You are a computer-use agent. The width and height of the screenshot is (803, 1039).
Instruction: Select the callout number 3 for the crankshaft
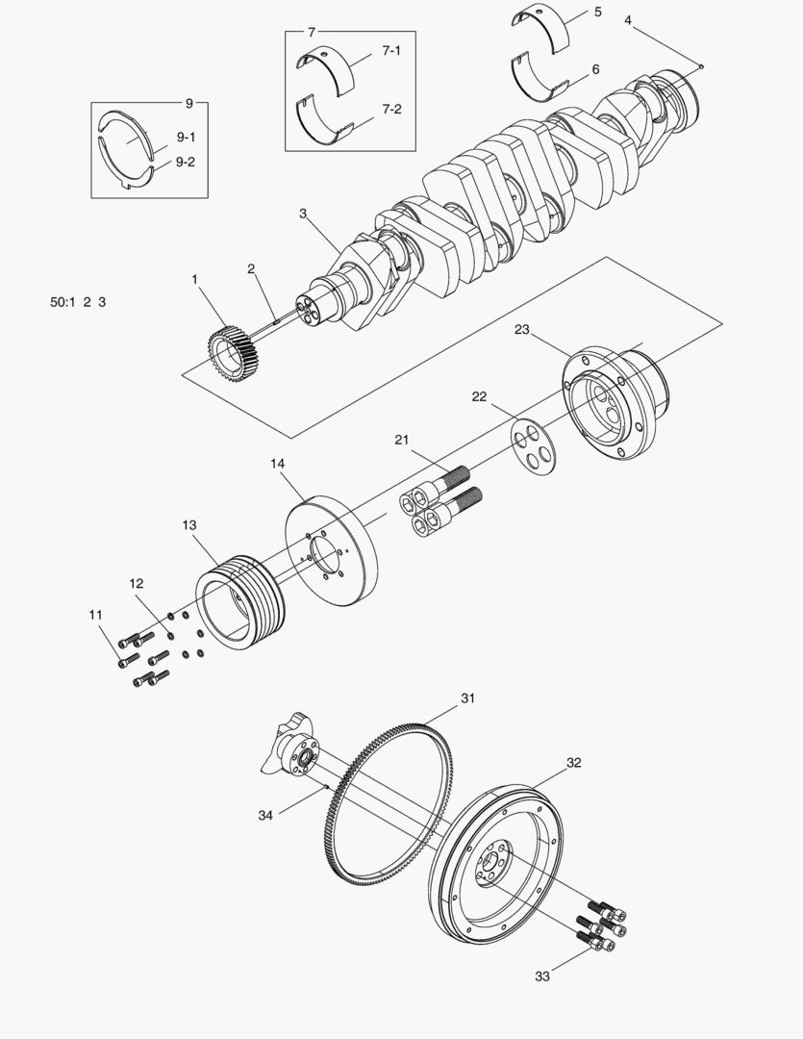click(302, 214)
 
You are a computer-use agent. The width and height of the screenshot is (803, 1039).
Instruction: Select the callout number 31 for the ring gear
click(467, 697)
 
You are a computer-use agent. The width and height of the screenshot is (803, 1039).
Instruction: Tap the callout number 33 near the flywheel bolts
click(543, 976)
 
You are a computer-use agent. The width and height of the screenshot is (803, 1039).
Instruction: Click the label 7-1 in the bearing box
click(390, 51)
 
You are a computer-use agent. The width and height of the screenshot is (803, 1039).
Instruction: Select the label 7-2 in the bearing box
click(390, 110)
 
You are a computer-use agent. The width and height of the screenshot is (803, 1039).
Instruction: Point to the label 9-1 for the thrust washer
click(185, 138)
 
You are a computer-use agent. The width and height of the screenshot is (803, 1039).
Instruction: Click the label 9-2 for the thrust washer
click(185, 162)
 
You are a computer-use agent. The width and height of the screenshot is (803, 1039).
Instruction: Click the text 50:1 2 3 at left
click(78, 302)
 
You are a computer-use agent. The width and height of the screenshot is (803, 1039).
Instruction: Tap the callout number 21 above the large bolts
click(402, 440)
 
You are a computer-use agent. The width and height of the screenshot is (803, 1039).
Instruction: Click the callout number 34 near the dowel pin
click(265, 815)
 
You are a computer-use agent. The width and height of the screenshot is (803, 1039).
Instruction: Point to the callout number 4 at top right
click(627, 19)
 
